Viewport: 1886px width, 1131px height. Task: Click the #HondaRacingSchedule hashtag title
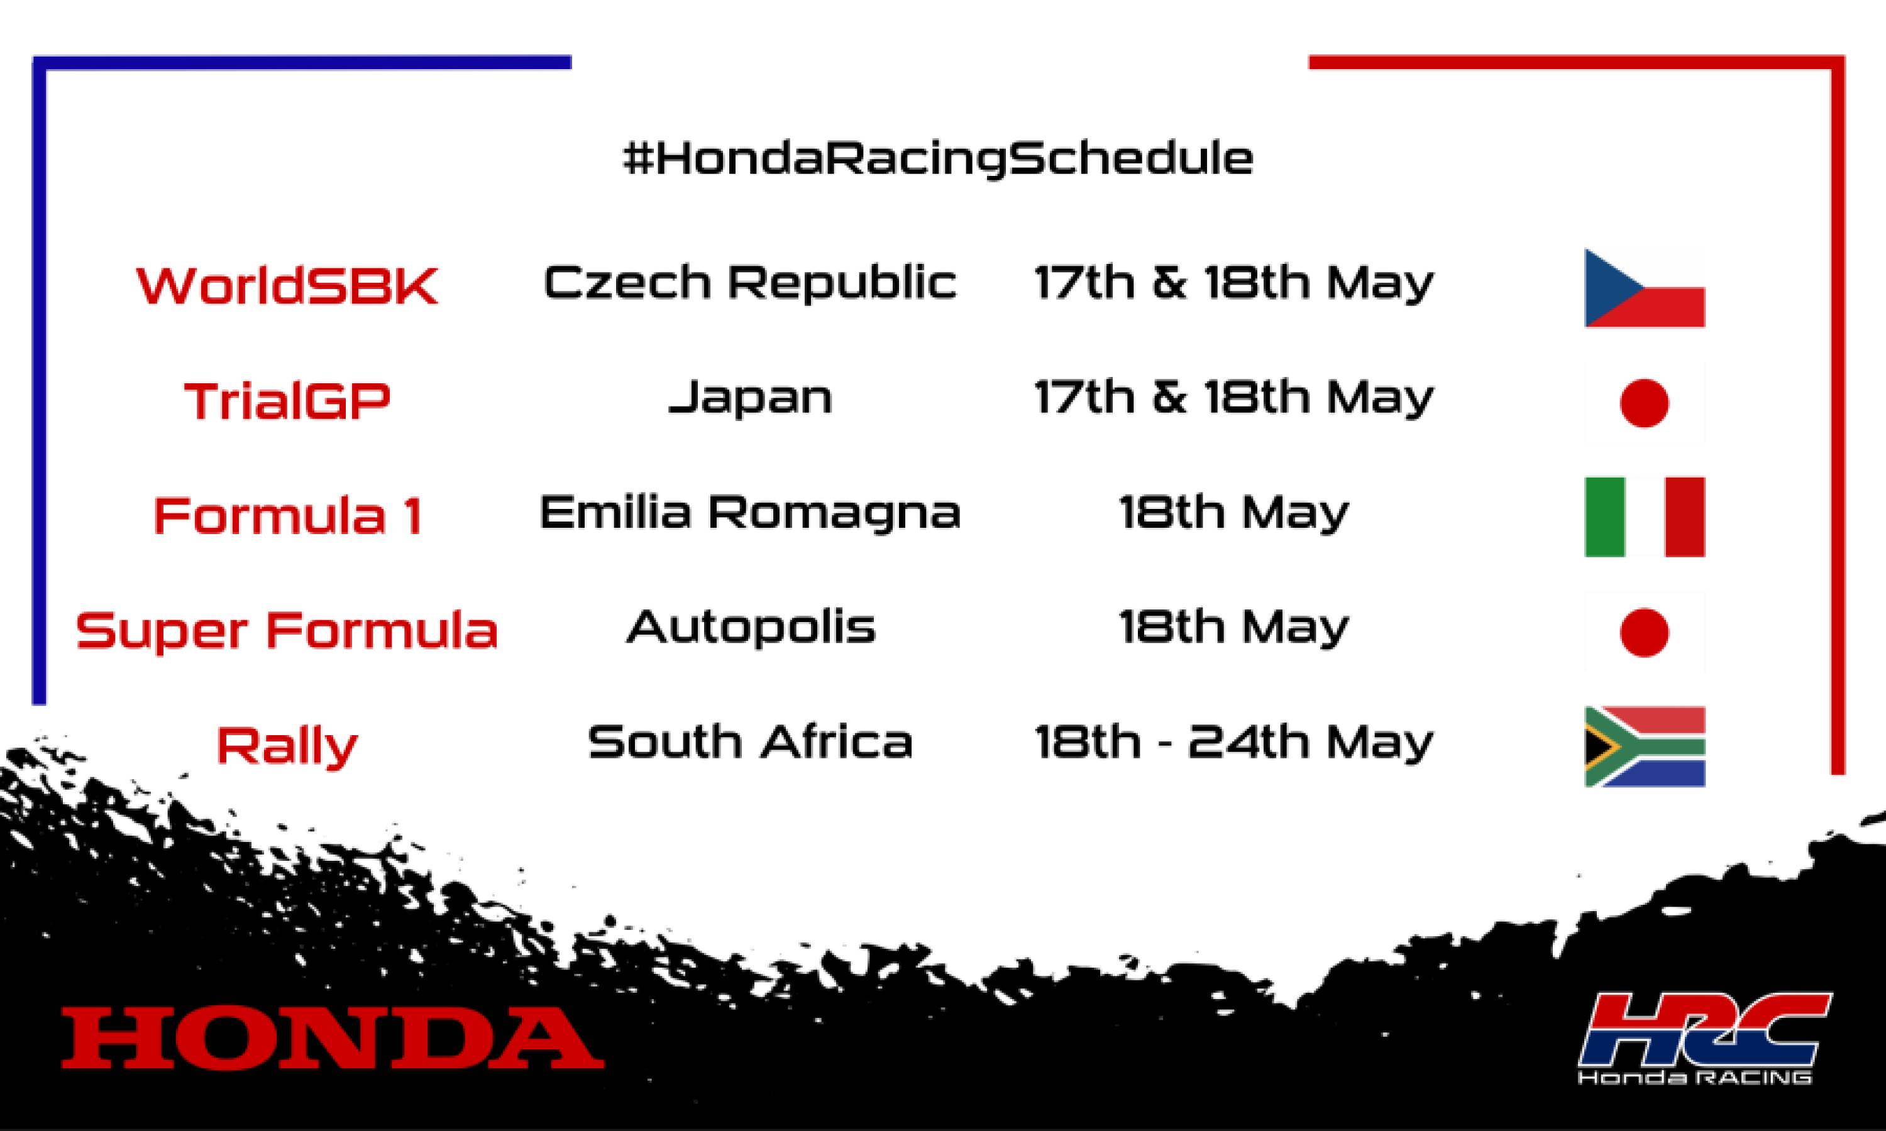tap(938, 158)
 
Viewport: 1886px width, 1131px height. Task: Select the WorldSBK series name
tap(287, 286)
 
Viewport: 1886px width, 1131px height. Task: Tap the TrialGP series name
tap(287, 401)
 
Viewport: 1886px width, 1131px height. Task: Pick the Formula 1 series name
tap(287, 515)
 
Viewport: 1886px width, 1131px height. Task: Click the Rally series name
tap(287, 745)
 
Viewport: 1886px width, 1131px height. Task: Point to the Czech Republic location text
tap(749, 282)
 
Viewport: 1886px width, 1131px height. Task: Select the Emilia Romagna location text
tap(749, 512)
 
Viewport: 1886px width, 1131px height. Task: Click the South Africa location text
tap(750, 741)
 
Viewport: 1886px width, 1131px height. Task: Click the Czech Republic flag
tap(1645, 288)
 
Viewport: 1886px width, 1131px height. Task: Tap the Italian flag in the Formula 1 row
tap(1645, 516)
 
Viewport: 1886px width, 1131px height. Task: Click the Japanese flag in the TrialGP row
tap(1645, 403)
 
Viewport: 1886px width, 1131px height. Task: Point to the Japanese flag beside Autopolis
tap(1645, 632)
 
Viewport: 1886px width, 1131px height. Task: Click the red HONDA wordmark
tap(333, 1037)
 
